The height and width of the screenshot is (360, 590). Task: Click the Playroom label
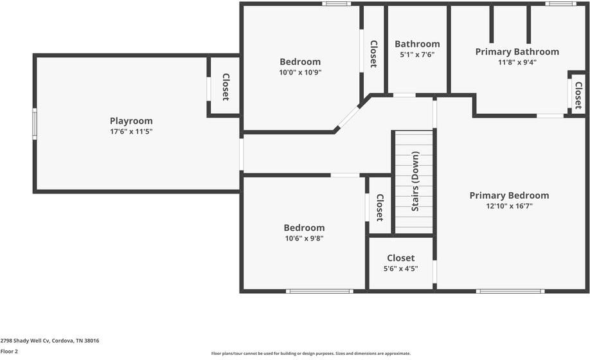[x=131, y=121]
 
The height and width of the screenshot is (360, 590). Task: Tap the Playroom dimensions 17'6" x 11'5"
[x=131, y=132]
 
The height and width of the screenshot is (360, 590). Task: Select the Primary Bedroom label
[x=509, y=195]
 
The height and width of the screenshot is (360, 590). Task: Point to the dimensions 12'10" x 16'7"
[x=509, y=206]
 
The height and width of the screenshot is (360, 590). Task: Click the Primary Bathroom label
[x=517, y=51]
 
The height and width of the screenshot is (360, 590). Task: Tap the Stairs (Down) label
[x=415, y=181]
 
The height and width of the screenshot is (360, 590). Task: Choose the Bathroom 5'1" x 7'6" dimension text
[x=417, y=55]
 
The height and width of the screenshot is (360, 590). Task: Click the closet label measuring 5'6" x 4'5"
[x=400, y=258]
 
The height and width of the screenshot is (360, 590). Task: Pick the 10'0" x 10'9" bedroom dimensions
[x=299, y=73]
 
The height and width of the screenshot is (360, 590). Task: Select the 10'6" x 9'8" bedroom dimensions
[x=304, y=239]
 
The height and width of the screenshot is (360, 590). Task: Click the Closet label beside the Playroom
[x=225, y=87]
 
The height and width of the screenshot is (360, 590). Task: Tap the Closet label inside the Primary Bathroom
[x=577, y=95]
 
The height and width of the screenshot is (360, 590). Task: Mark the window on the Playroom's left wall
[x=35, y=123]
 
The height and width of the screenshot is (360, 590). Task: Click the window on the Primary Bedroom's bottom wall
[x=510, y=291]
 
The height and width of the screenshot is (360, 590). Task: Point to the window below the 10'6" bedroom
[x=319, y=291]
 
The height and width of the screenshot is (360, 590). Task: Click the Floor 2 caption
[x=10, y=352]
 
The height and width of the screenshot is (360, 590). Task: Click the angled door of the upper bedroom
[x=348, y=117]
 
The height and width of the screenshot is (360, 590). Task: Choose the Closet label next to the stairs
[x=379, y=207]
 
